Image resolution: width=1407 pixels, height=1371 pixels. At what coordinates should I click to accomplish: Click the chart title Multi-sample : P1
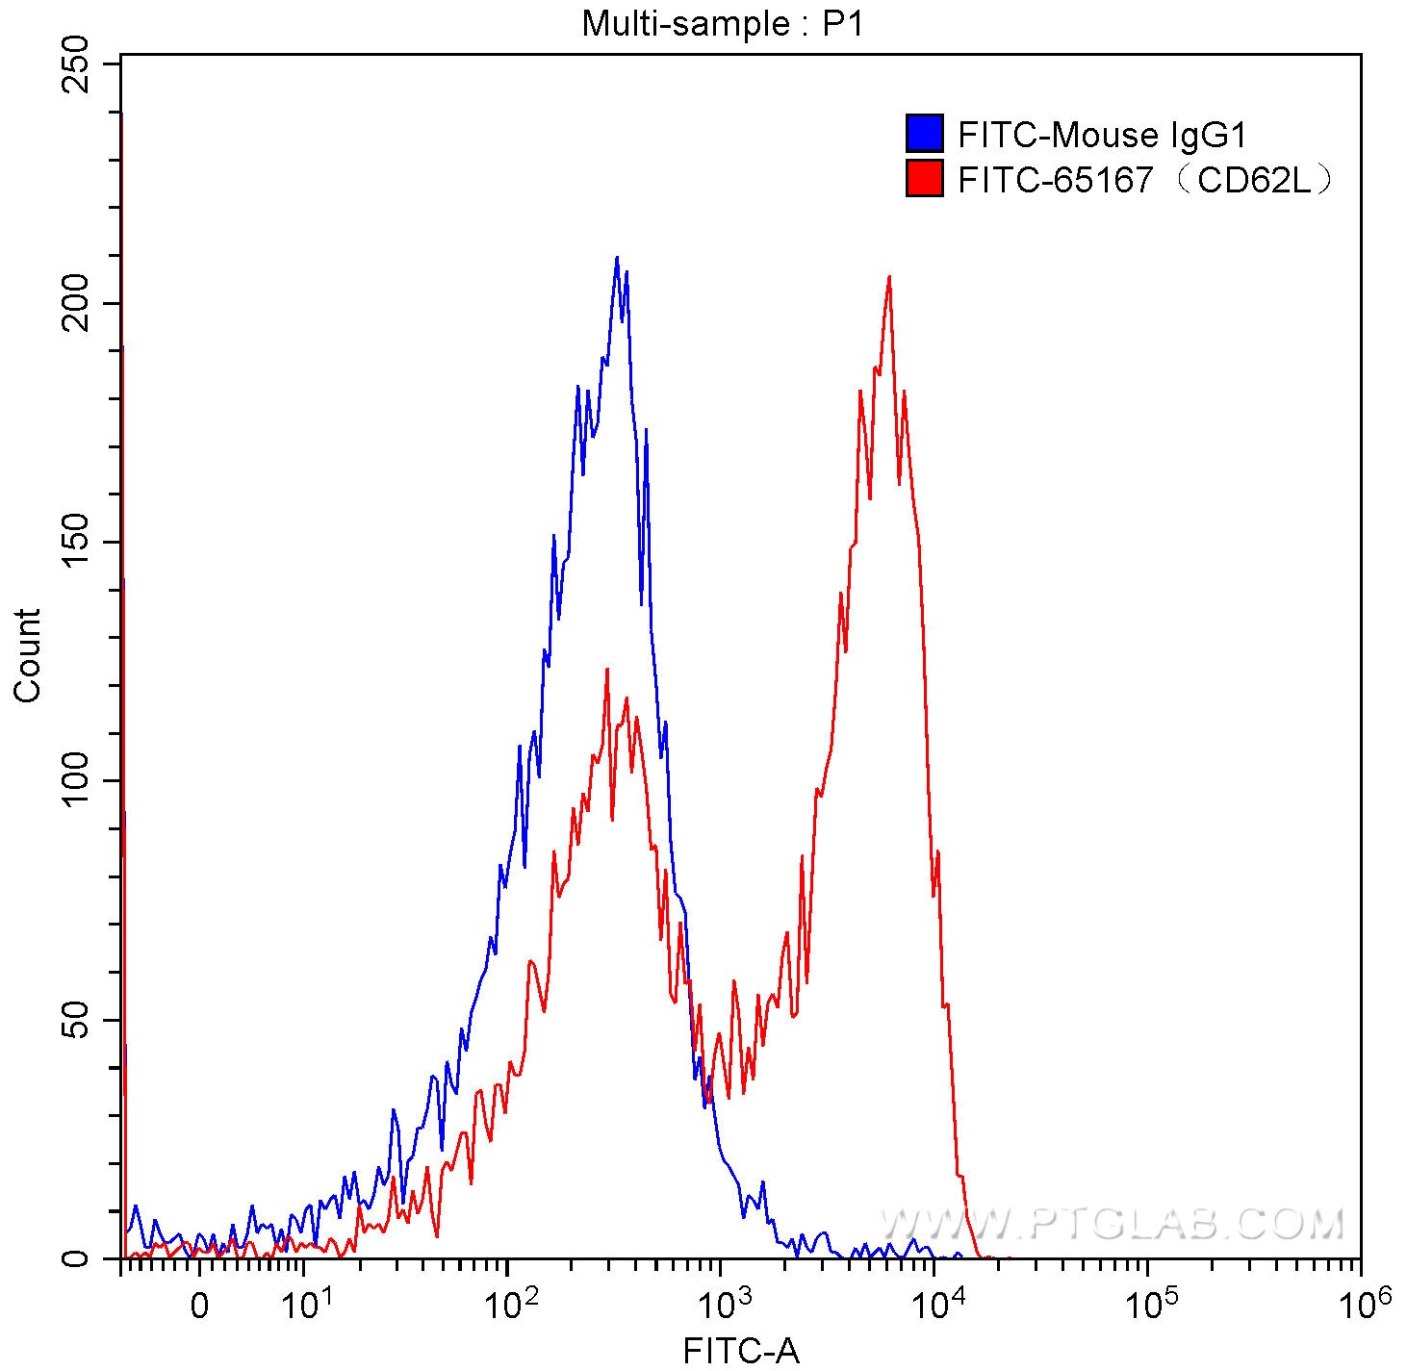723,23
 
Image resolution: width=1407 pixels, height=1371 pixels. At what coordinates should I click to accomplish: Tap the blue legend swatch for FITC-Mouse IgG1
924,134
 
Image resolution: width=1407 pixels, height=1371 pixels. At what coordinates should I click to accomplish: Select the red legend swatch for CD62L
924,178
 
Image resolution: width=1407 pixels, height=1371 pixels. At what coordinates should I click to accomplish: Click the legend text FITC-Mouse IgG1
1102,135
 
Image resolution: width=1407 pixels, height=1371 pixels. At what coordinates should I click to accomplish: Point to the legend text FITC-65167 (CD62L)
1145,179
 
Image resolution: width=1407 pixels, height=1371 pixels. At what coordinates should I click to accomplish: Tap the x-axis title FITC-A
741,1351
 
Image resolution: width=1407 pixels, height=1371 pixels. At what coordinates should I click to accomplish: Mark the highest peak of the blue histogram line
617,258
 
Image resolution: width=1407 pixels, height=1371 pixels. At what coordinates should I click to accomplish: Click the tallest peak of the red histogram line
889,277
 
